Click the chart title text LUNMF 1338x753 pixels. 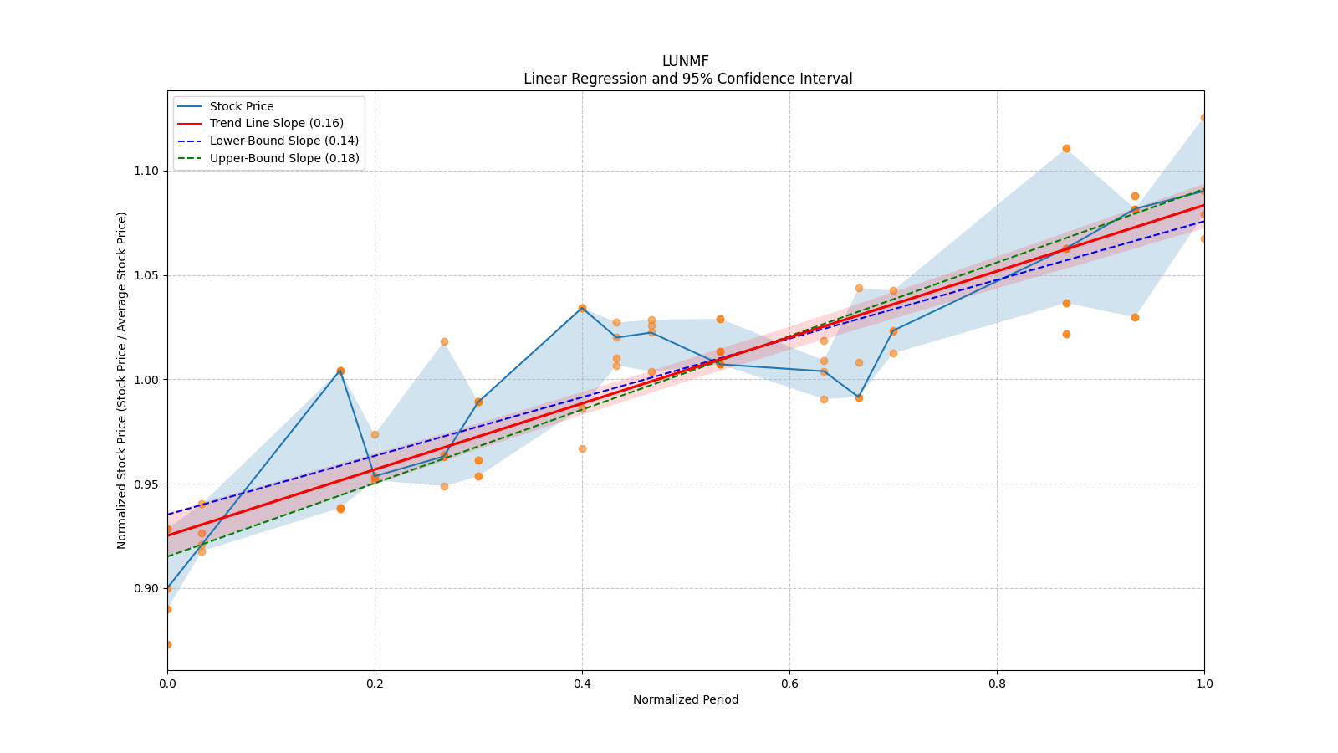[685, 61]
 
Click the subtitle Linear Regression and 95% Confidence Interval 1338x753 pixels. [687, 79]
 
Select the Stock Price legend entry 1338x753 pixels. [241, 106]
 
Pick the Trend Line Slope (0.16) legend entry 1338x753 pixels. [276, 123]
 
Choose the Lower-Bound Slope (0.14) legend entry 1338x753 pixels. [283, 141]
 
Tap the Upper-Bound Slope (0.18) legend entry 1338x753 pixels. [283, 158]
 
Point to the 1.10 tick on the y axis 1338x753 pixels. [147, 171]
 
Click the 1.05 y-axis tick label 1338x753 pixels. [147, 275]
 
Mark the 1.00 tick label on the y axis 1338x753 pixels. [147, 380]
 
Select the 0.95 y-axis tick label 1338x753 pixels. [147, 484]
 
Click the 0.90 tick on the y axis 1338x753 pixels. [147, 588]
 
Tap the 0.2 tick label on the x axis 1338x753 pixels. [375, 684]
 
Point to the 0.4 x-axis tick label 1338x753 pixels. [582, 684]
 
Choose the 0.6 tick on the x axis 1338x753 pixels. [789, 684]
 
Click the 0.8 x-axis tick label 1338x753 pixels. [997, 684]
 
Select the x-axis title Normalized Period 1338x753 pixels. [686, 699]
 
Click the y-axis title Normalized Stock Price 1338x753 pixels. [122, 380]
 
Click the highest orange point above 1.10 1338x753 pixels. [1203, 118]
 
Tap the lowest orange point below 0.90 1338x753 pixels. [168, 644]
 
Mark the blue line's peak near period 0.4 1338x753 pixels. [582, 308]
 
